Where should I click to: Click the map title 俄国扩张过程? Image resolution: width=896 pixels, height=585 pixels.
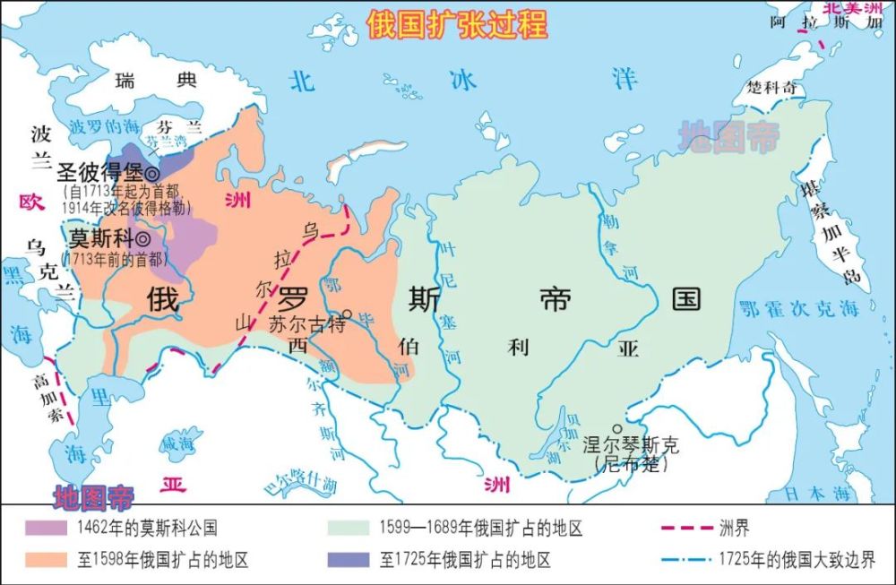pos(457,24)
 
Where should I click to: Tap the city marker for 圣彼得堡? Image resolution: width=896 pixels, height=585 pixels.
pos(153,174)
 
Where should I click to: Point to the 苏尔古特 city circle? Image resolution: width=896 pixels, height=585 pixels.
pos(348,314)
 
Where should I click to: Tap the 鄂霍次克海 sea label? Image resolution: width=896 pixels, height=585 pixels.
pos(798,310)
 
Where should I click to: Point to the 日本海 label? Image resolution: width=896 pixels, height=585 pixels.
pos(814,493)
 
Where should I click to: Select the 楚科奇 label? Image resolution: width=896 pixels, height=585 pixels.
pos(771,89)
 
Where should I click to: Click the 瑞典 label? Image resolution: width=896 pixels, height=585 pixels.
pos(155,81)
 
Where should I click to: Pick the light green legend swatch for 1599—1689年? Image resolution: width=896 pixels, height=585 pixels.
pos(349,528)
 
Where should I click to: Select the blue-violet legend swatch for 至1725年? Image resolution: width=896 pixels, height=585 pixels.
pos(349,560)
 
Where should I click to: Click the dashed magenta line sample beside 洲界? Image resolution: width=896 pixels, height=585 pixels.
pos(684,529)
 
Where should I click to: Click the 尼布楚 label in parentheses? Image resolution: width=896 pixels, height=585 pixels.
pos(631,464)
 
